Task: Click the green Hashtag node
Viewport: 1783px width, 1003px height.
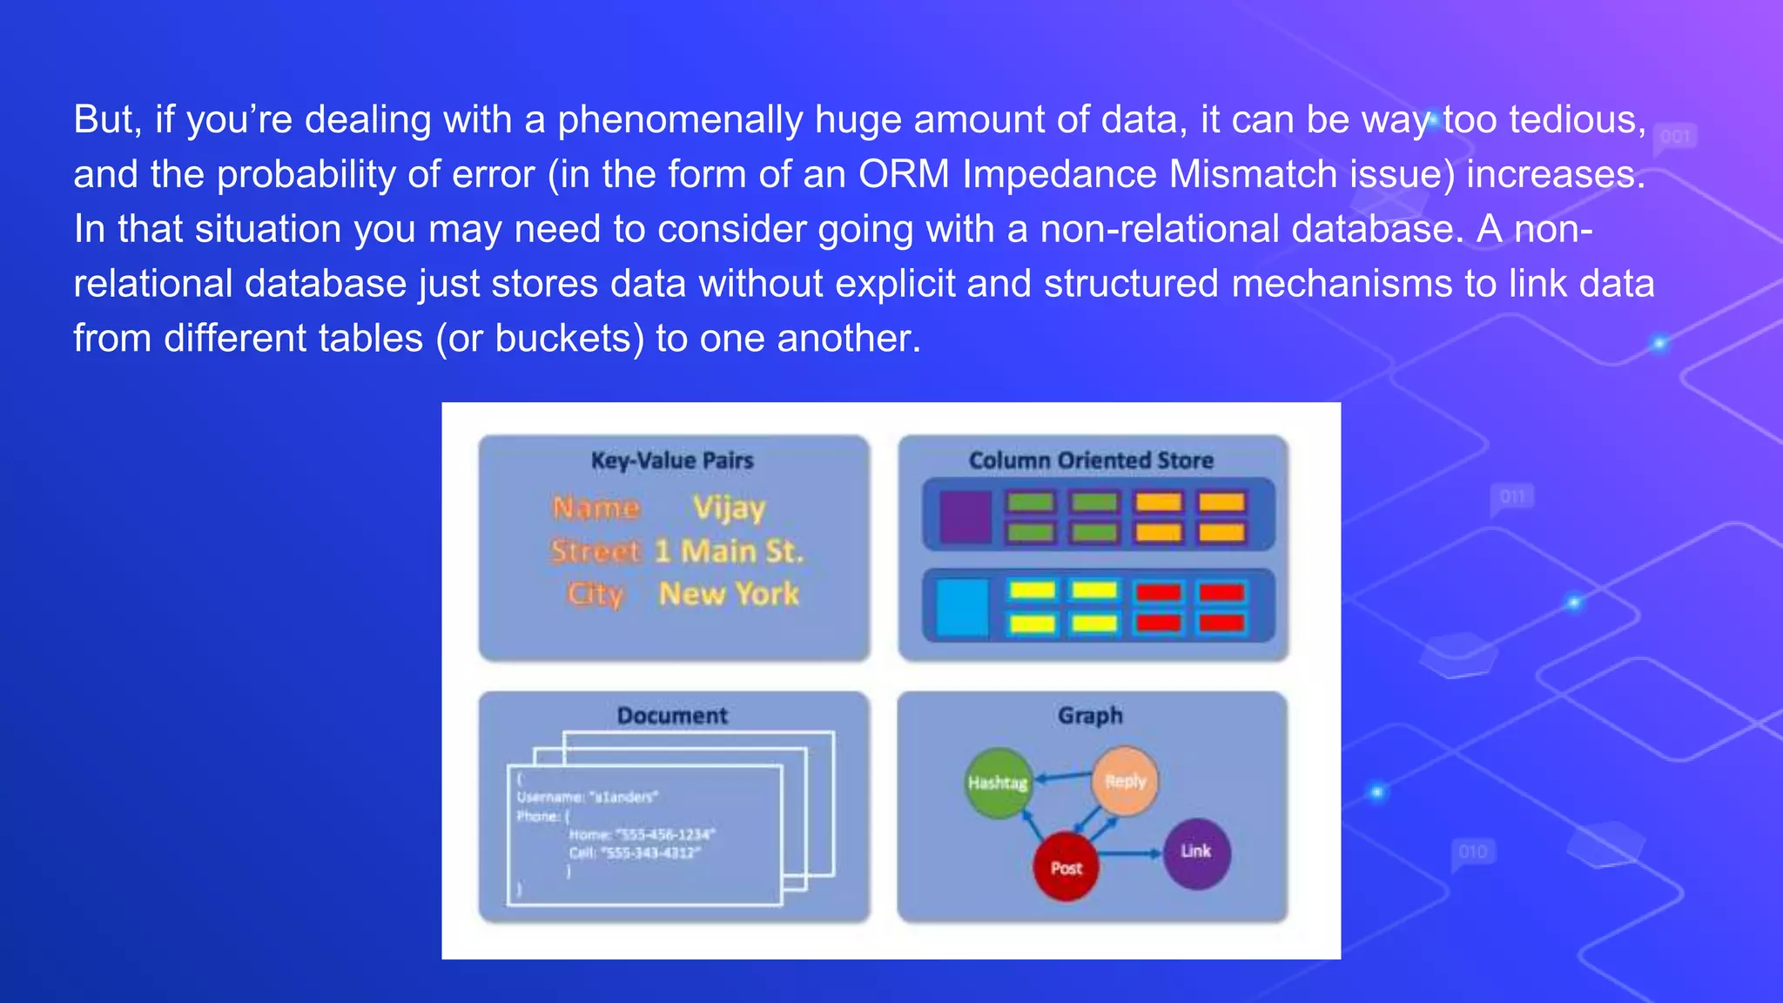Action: pyautogui.click(x=998, y=783)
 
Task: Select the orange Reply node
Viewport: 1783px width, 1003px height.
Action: pyautogui.click(x=1125, y=781)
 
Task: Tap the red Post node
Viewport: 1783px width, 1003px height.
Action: pyautogui.click(x=1066, y=867)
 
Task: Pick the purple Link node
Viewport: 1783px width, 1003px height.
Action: pyautogui.click(x=1196, y=852)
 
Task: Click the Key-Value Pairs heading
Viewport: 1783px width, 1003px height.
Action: pyautogui.click(x=672, y=461)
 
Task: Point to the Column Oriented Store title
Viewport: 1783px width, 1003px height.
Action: pyautogui.click(x=1091, y=461)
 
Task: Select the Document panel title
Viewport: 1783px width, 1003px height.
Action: pyautogui.click(x=672, y=716)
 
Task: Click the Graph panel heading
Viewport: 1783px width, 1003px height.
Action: pyautogui.click(x=1090, y=716)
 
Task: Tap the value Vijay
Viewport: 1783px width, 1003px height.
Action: pyautogui.click(x=730, y=508)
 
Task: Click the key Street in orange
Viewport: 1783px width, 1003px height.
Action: pyautogui.click(x=595, y=551)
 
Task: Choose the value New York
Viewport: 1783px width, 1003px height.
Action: pyautogui.click(x=730, y=594)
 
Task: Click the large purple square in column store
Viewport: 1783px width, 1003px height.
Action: pyautogui.click(x=966, y=516)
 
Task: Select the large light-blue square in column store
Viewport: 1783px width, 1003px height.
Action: pyautogui.click(x=963, y=607)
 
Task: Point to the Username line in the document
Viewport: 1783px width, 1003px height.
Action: pyautogui.click(x=588, y=797)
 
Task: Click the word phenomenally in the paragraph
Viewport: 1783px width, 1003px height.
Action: pyautogui.click(x=680, y=119)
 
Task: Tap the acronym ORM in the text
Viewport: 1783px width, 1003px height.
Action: pyautogui.click(x=904, y=174)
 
